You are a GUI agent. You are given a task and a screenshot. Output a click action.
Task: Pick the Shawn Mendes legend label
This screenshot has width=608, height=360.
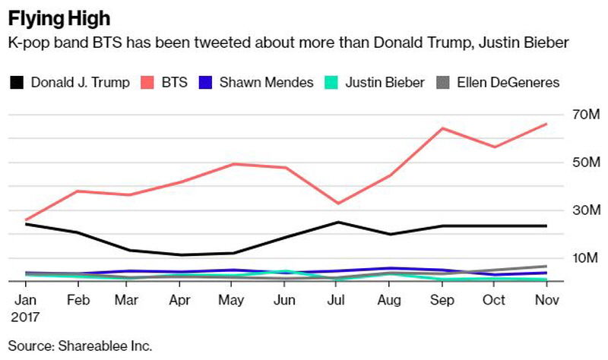tap(266, 82)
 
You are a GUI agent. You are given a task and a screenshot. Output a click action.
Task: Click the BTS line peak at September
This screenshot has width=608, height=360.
tap(442, 128)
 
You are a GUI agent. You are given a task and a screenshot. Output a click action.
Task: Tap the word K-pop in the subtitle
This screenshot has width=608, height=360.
tap(27, 44)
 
